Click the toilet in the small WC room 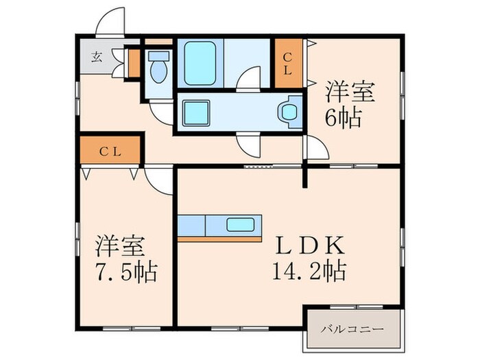click(x=158, y=67)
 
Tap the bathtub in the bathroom click(x=200, y=63)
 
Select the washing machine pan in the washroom click(x=196, y=112)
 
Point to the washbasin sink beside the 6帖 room click(x=289, y=112)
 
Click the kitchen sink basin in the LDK click(x=240, y=225)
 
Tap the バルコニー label click(x=352, y=330)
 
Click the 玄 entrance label click(x=97, y=57)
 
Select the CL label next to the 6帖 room click(x=287, y=63)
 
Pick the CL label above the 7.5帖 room click(x=110, y=152)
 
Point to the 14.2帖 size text click(x=309, y=271)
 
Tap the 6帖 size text click(x=343, y=118)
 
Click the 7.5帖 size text click(x=126, y=272)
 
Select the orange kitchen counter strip click(x=219, y=239)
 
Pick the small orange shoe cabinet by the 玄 click(x=134, y=64)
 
